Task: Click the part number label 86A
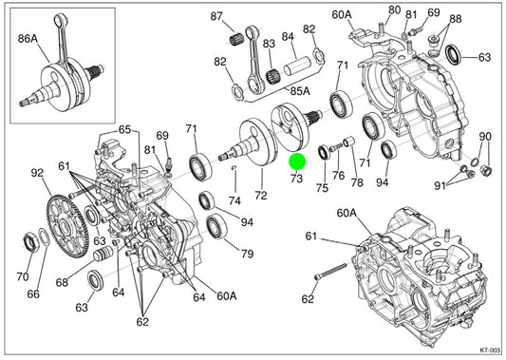[x=28, y=39]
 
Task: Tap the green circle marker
[x=297, y=161]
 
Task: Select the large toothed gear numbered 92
[x=67, y=226]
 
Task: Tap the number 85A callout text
[x=300, y=91]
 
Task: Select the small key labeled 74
[x=235, y=167]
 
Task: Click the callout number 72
[x=261, y=196]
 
